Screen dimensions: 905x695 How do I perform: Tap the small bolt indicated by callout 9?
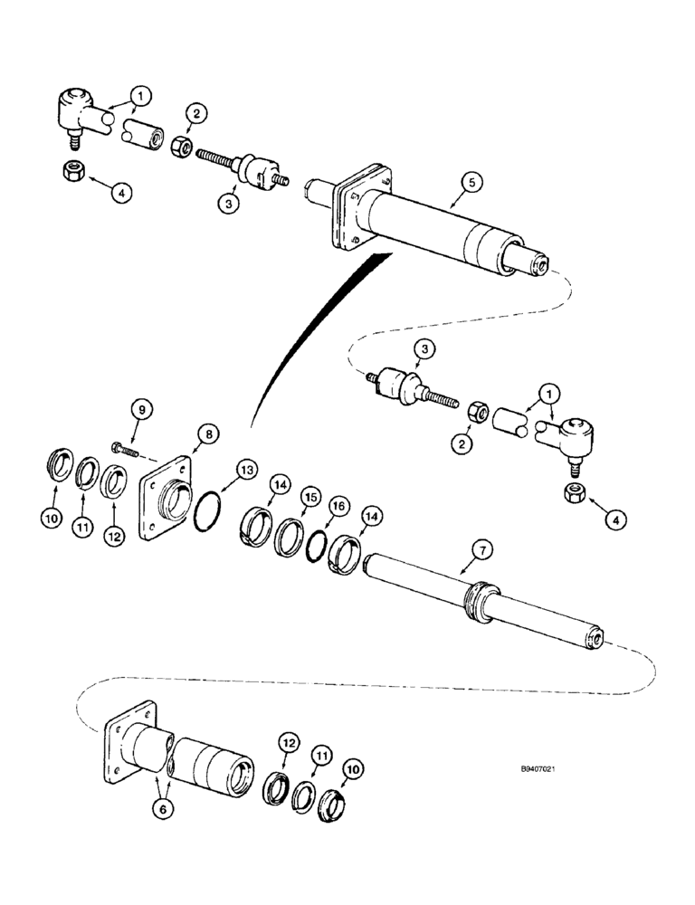(123, 448)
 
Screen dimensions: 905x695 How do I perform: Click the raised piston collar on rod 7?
(479, 601)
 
